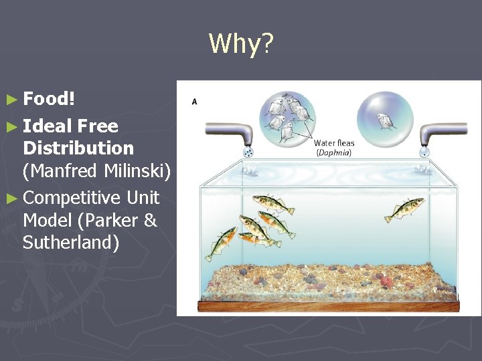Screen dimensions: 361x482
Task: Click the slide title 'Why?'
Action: pos(241,44)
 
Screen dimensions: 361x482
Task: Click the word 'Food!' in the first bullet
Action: pos(49,99)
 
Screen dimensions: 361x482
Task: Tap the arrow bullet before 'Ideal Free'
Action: pos(13,126)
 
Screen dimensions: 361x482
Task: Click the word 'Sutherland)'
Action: pos(71,242)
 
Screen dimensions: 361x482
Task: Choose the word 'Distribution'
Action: pos(78,148)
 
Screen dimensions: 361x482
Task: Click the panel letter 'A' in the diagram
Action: pos(194,101)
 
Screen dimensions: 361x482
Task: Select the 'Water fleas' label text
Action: pos(334,143)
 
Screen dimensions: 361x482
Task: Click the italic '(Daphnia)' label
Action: pos(333,152)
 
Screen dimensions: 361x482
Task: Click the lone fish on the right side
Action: pos(404,210)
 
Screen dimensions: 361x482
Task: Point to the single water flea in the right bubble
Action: pos(385,120)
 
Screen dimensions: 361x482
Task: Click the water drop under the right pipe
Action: pos(423,152)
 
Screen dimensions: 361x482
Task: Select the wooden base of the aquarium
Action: pos(328,306)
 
